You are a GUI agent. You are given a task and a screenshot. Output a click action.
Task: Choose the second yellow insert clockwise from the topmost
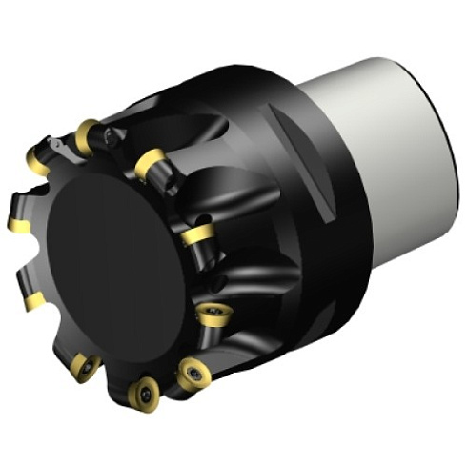[x=150, y=165]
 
